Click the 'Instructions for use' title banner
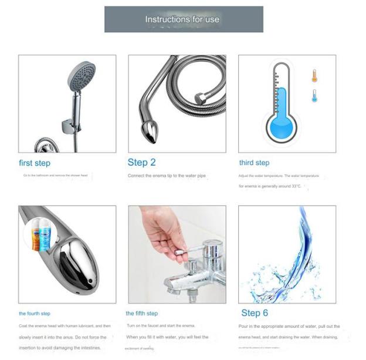(x=183, y=19)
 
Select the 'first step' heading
(x=35, y=163)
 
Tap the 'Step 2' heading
(x=141, y=162)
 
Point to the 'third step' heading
(x=254, y=163)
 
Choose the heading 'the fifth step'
(x=141, y=314)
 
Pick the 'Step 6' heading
(x=255, y=313)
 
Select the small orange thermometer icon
(x=314, y=76)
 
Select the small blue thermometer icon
(x=314, y=96)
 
